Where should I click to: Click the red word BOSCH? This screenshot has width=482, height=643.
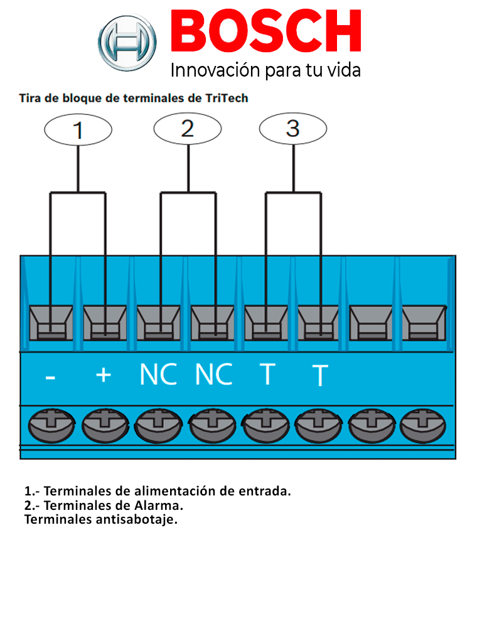tap(265, 31)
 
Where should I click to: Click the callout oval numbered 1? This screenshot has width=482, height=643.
tap(78, 130)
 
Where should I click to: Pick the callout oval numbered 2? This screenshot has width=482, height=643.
tap(187, 128)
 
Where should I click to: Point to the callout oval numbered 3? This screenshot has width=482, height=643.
tap(292, 128)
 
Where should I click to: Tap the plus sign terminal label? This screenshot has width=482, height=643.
tap(104, 375)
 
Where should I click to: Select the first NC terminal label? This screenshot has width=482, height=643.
tap(158, 374)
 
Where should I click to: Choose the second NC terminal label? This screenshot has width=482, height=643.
tap(213, 375)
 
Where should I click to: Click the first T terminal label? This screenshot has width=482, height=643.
tap(267, 374)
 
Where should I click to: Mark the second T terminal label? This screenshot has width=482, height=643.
tap(320, 376)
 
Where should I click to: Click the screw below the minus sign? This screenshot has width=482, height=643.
tap(51, 426)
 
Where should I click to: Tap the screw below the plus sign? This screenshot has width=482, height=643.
tap(104, 426)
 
